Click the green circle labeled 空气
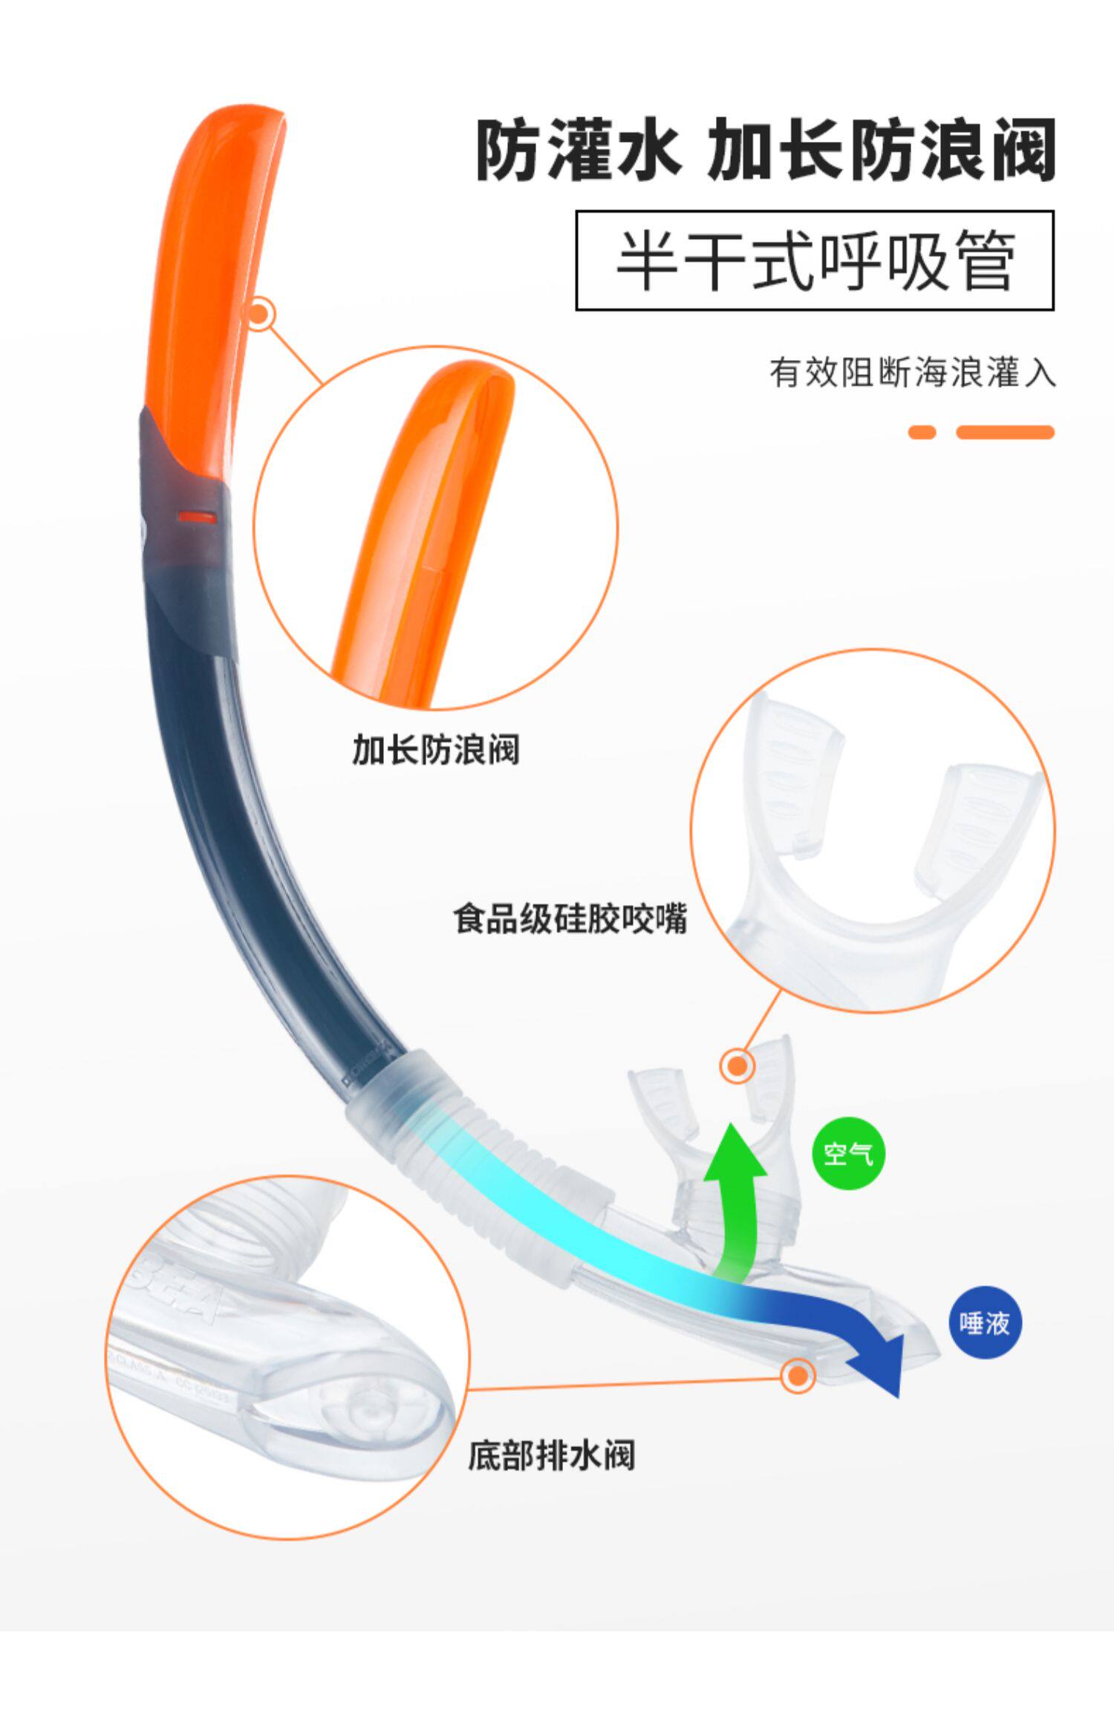[x=849, y=1154]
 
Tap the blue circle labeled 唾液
[x=985, y=1322]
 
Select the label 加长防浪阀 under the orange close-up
[x=435, y=749]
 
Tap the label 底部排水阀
[x=552, y=1455]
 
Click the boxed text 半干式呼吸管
[x=815, y=260]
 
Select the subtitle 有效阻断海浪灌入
[x=912, y=372]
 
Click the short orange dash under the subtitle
[x=922, y=432]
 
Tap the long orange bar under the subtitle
[x=1005, y=432]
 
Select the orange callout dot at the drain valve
[x=798, y=1376]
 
